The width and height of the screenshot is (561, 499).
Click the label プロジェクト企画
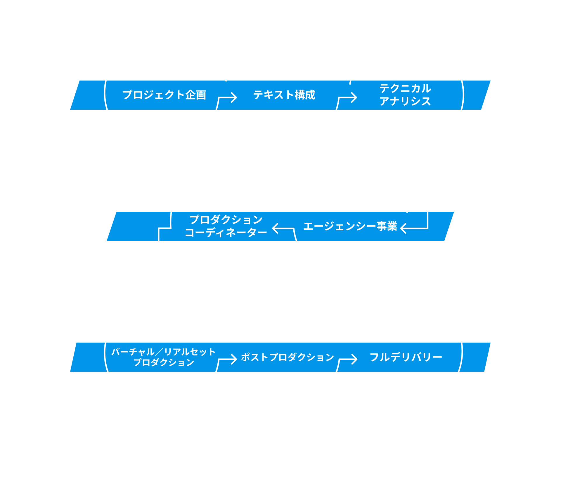[x=165, y=95]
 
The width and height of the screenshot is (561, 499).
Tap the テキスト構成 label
[x=284, y=95]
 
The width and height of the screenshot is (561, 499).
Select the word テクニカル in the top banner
[x=405, y=88]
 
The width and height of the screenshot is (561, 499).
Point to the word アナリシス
[x=405, y=101]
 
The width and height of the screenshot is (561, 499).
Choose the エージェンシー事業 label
[x=350, y=226]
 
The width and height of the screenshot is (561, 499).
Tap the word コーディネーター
[x=226, y=233]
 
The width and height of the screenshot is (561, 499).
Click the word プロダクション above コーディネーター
[x=226, y=220]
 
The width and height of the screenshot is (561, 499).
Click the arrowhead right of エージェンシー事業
[x=404, y=228]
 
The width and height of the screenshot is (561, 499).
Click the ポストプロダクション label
[x=288, y=357]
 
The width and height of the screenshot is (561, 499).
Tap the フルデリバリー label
[x=406, y=357]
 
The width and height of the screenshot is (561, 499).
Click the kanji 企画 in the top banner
[x=196, y=95]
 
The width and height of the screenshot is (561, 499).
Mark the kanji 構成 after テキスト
[x=305, y=95]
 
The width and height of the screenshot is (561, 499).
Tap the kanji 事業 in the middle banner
[x=387, y=226]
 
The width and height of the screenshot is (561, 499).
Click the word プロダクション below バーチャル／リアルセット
[x=164, y=362]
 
